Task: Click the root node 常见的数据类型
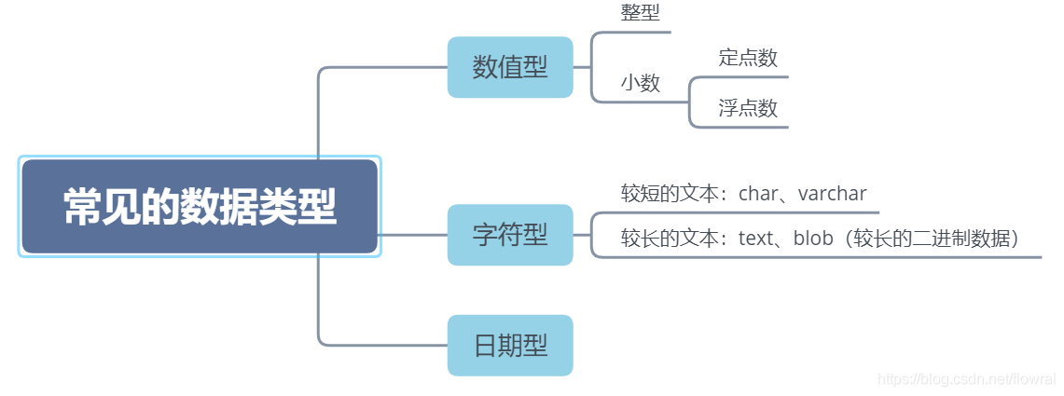(200, 207)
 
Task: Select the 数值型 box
(510, 67)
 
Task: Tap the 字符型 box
(510, 235)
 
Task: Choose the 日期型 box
(510, 346)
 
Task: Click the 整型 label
(640, 13)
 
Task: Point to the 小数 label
(641, 83)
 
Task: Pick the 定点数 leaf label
(748, 58)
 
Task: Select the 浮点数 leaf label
(748, 108)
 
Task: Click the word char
(758, 194)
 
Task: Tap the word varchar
(833, 194)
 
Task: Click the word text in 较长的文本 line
(755, 239)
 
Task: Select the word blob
(812, 239)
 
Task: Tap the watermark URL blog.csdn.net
(966, 378)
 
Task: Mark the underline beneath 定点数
(746, 77)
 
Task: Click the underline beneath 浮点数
(746, 128)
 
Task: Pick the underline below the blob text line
(821, 256)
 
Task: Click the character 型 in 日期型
(534, 346)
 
